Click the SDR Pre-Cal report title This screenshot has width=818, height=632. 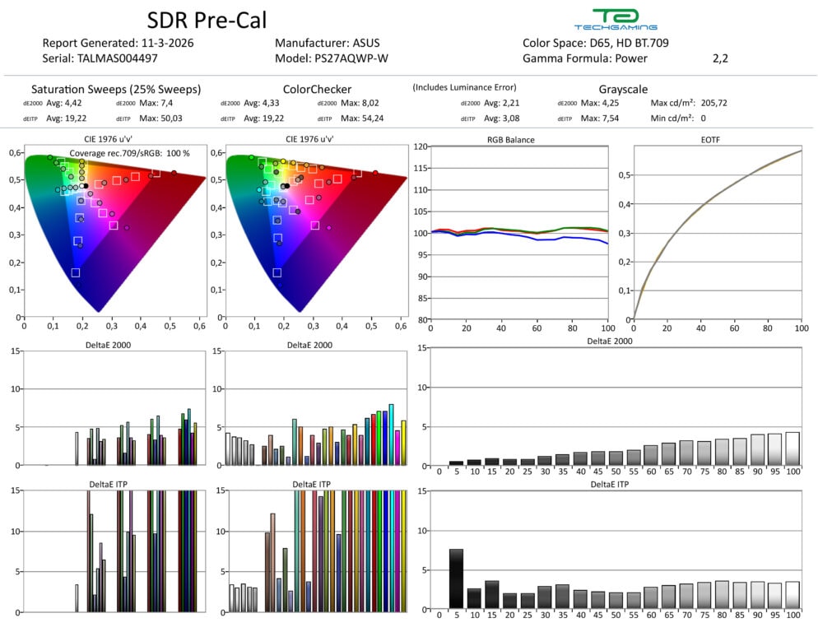(x=207, y=21)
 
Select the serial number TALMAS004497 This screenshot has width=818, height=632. (x=119, y=58)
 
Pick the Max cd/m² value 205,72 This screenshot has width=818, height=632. (x=711, y=104)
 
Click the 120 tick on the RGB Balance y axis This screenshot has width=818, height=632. (x=421, y=146)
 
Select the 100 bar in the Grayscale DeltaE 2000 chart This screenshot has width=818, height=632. (x=792, y=449)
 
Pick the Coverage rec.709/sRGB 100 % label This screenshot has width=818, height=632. (x=129, y=153)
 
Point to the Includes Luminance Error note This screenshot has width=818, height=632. (x=464, y=87)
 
